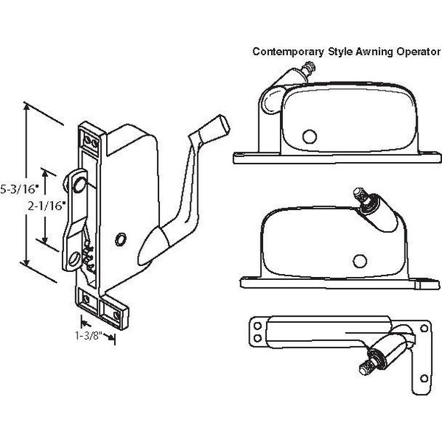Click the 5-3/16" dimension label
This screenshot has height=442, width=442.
coord(13,187)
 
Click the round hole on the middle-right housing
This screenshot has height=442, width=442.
coord(360,259)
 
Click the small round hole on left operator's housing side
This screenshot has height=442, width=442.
coord(120,239)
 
